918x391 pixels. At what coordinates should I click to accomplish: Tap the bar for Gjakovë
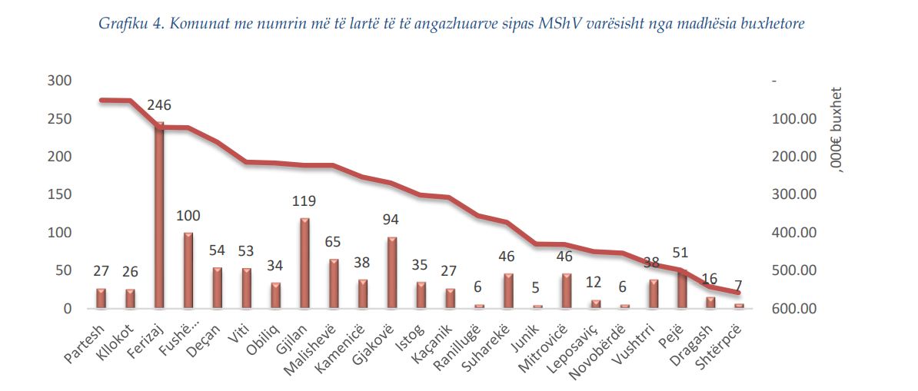pos(392,273)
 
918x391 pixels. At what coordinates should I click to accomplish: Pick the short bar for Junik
pos(537,307)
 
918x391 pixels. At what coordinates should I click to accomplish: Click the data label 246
pos(159,105)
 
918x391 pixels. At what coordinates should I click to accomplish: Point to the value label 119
pos(304,202)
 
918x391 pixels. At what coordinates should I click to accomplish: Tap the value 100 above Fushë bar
pos(188,216)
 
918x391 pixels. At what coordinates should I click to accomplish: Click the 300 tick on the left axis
pos(59,81)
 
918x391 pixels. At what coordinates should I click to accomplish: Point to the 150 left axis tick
pos(59,195)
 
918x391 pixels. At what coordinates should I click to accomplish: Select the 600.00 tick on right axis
pos(792,309)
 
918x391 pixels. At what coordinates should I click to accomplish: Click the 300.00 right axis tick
pos(792,195)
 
